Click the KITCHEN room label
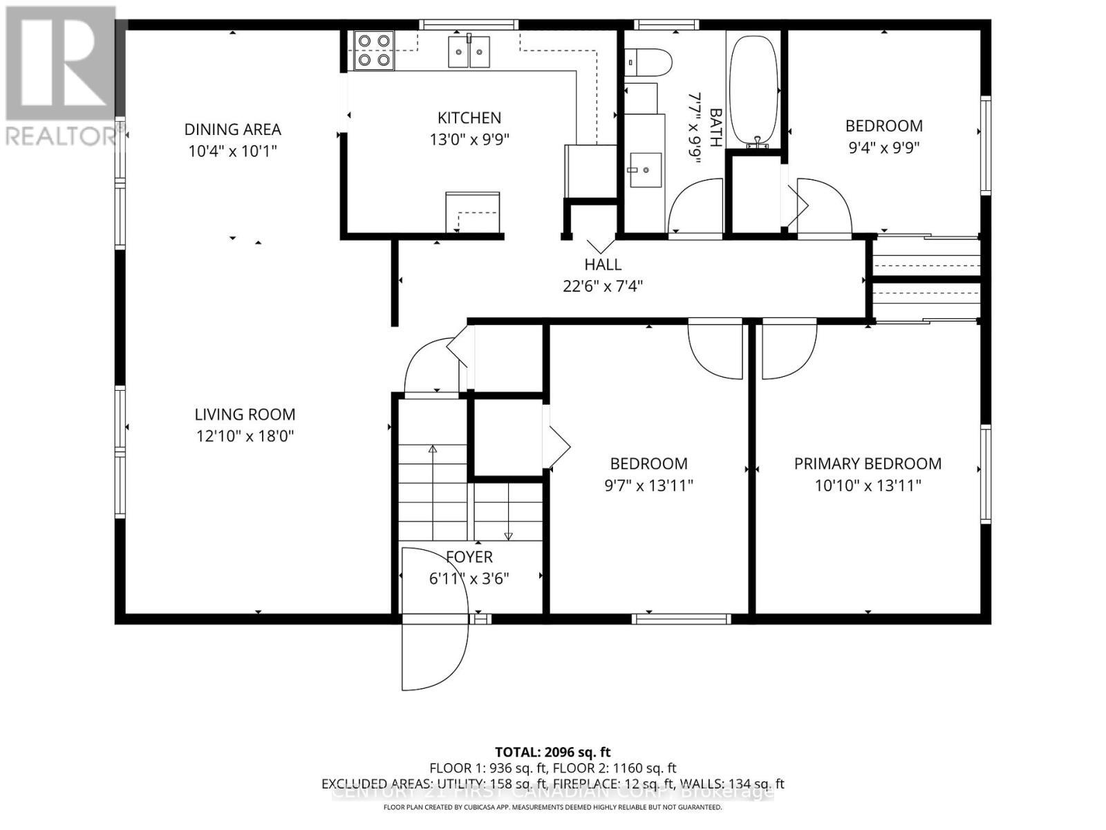[x=469, y=118]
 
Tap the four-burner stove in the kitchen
[x=374, y=50]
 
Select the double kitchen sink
[x=469, y=52]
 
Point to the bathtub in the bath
[x=754, y=90]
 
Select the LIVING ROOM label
[x=245, y=414]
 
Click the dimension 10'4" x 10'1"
[x=233, y=151]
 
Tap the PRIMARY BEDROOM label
[x=868, y=463]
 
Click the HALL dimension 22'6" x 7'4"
[x=603, y=286]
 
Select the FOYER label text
[x=469, y=557]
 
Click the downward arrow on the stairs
[x=509, y=534]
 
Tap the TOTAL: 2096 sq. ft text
[x=552, y=752]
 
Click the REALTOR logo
[x=62, y=76]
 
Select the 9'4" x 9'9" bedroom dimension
[x=884, y=147]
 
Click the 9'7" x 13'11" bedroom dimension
[x=648, y=486]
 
